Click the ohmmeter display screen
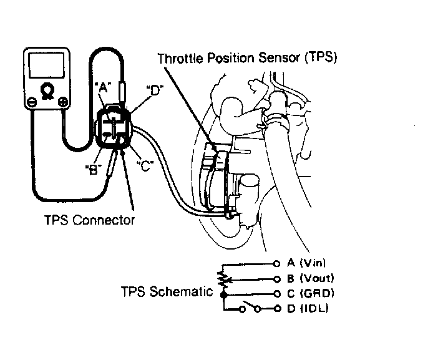tap(46, 66)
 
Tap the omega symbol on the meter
tap(47, 91)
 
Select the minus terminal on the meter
tap(32, 102)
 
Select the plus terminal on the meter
tap(62, 102)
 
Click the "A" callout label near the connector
tap(103, 87)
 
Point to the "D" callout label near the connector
tap(155, 90)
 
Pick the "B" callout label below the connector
tap(93, 170)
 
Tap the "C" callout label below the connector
tap(145, 166)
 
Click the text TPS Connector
tap(89, 220)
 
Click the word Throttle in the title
tap(180, 59)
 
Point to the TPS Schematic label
tap(167, 291)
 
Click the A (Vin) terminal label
tap(306, 263)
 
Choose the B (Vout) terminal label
tap(310, 278)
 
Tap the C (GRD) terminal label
tap(310, 293)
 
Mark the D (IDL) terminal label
tap(307, 309)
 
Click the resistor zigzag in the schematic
tap(223, 279)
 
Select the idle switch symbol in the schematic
tap(250, 306)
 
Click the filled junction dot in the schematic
tap(223, 294)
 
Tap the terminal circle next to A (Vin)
tap(276, 263)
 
